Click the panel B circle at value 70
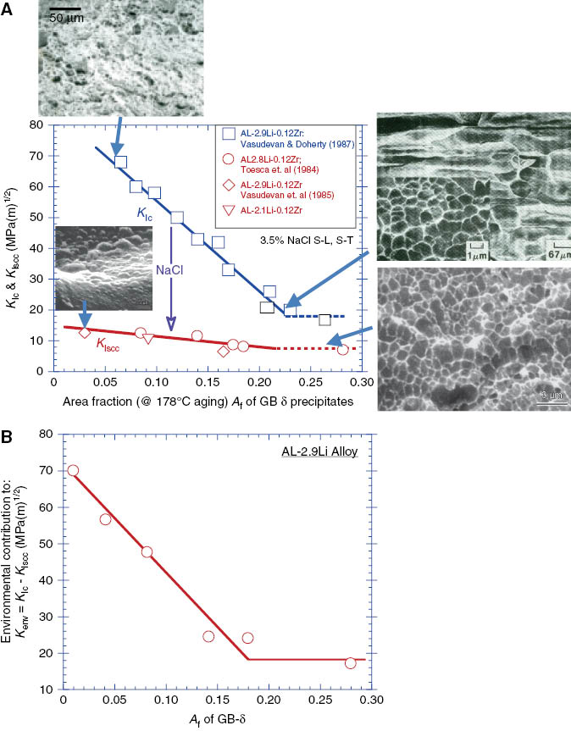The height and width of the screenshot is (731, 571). [x=73, y=470]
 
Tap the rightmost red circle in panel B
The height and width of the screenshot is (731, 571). [x=350, y=662]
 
